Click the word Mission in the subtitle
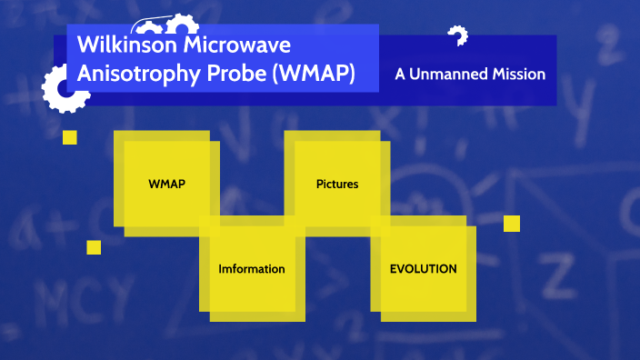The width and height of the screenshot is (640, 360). (x=515, y=74)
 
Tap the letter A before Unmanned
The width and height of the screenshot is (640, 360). (x=400, y=74)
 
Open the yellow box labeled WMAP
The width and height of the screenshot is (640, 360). (x=166, y=184)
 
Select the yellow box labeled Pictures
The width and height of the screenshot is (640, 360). (x=336, y=184)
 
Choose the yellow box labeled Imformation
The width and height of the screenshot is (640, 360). (x=252, y=269)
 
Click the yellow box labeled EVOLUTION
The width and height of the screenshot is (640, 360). (x=423, y=269)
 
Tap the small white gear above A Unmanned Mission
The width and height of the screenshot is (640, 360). (x=457, y=35)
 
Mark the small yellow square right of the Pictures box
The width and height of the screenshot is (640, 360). (x=511, y=224)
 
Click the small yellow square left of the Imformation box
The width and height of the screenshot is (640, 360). (x=94, y=247)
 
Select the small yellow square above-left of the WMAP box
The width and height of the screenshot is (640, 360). (x=69, y=137)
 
